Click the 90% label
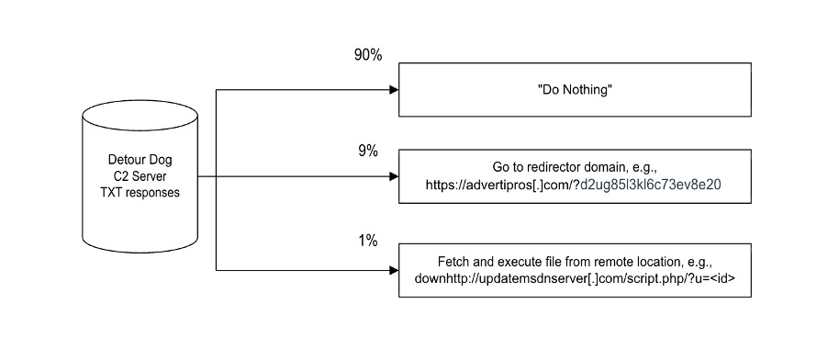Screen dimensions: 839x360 tap(368, 55)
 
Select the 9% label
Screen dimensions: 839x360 tap(367, 152)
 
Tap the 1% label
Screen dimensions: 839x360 tap(367, 241)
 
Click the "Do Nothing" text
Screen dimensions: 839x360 tap(575, 90)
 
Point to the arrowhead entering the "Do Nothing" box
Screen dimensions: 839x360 tap(394, 90)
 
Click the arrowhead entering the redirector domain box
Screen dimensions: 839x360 tap(394, 176)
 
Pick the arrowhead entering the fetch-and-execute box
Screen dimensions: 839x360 tap(394, 270)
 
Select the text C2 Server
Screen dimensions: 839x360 tap(140, 177)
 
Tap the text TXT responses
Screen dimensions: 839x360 tap(140, 194)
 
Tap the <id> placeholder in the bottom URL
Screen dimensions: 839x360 tap(711, 278)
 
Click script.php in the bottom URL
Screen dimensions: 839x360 tap(632, 278)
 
